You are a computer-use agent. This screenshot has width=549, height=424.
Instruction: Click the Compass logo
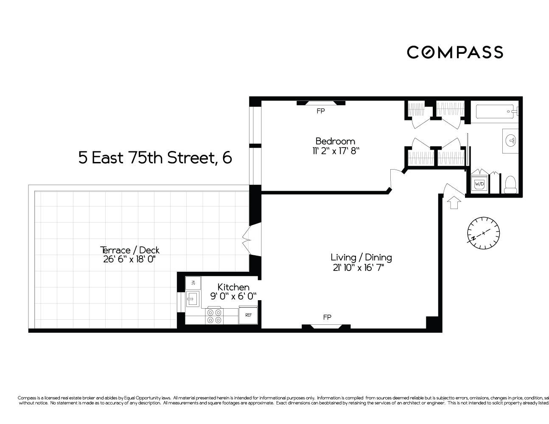(x=455, y=52)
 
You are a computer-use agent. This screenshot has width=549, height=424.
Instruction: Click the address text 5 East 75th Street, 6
(x=155, y=158)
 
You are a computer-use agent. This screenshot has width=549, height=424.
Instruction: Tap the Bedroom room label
(x=335, y=141)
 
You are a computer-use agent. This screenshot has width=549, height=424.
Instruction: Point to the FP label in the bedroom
(x=320, y=112)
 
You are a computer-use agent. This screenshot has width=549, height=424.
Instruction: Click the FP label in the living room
(x=327, y=317)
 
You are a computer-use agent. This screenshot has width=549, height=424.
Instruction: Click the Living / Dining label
(x=361, y=257)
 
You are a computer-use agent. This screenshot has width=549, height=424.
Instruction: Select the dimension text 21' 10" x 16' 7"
(x=361, y=268)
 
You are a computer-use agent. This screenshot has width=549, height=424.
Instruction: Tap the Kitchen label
(x=233, y=287)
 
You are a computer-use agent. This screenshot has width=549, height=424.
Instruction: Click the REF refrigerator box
(x=248, y=315)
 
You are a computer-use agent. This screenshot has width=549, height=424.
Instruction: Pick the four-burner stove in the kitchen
(x=214, y=316)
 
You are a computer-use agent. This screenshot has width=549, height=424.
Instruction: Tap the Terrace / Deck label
(x=129, y=250)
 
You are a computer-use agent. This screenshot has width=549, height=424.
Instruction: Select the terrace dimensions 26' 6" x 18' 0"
(x=129, y=259)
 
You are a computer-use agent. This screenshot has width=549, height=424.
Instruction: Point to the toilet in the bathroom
(x=510, y=184)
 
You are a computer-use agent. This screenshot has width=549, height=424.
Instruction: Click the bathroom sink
(x=512, y=140)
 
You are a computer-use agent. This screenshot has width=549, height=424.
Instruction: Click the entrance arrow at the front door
(x=454, y=202)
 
